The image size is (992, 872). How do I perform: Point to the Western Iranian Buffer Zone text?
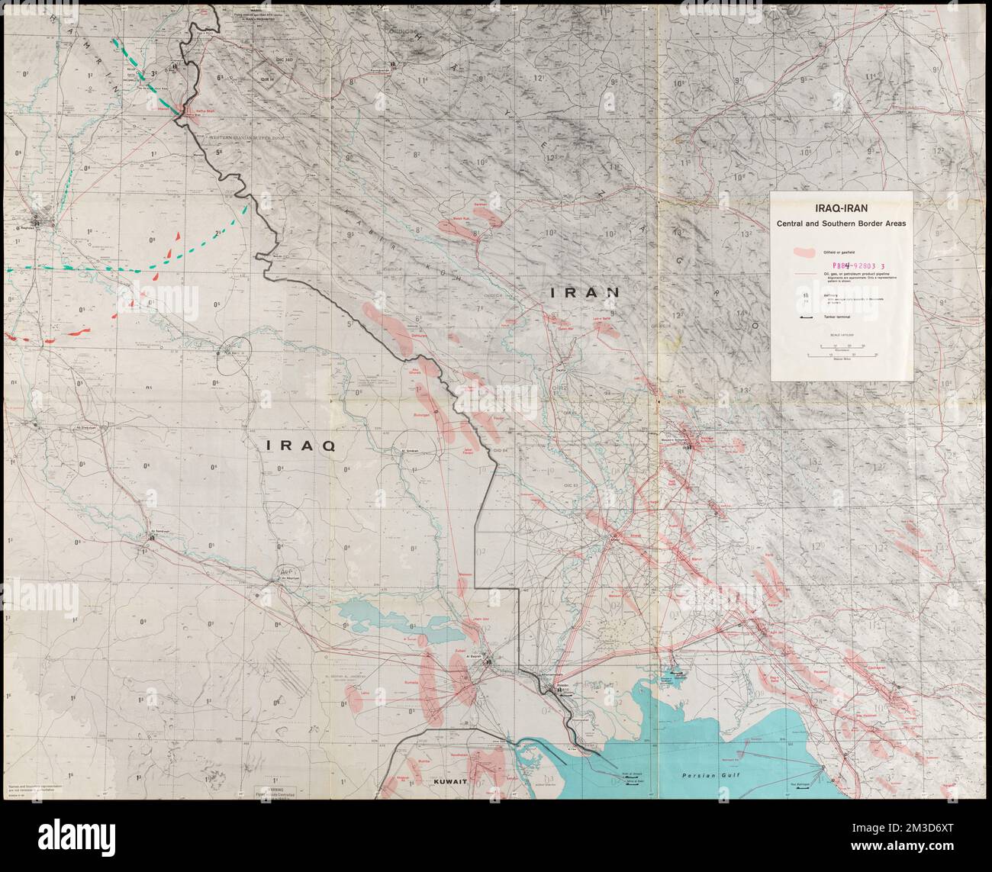243,137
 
